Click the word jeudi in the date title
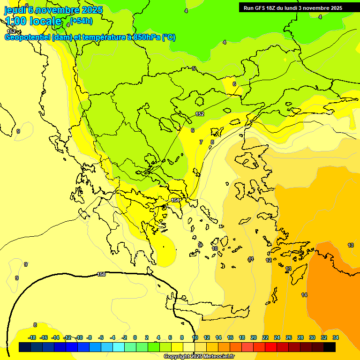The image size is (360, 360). pos(15,10)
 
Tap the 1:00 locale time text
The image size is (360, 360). pos(33,21)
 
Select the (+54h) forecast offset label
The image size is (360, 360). pos(81,21)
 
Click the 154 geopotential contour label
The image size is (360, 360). pos(175,200)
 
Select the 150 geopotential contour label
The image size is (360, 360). pos(101,274)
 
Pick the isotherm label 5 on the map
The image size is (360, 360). pos(194,69)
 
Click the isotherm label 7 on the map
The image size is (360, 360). pos(201,142)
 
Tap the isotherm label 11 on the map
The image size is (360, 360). pos(251,259)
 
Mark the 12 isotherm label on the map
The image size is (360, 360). pos(269,260)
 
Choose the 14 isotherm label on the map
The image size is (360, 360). pos(304,295)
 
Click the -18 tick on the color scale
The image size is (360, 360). pos(32,337)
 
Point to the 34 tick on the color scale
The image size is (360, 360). pos(335,337)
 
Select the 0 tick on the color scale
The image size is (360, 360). pos(135,337)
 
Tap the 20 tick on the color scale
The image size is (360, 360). pos(254,337)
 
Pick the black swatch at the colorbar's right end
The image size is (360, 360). pos(330,347)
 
